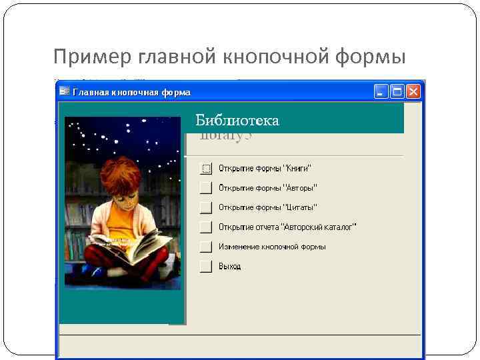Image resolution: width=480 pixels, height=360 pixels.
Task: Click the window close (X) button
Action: pyautogui.click(x=414, y=92)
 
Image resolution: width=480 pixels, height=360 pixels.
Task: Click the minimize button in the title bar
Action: pyautogui.click(x=381, y=92)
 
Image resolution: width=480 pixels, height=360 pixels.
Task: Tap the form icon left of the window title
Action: pyautogui.click(x=65, y=92)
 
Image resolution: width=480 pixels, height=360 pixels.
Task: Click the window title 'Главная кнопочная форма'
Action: pyautogui.click(x=131, y=93)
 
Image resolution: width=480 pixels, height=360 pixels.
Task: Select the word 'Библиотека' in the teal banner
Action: pyautogui.click(x=237, y=121)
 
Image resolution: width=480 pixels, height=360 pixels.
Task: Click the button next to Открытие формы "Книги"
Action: pyautogui.click(x=206, y=168)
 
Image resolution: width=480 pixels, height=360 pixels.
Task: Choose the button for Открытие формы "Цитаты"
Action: pyautogui.click(x=206, y=207)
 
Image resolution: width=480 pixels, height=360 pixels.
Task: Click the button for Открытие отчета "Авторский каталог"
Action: pyautogui.click(x=206, y=227)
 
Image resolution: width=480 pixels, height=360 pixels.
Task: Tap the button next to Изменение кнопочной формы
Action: pyautogui.click(x=206, y=247)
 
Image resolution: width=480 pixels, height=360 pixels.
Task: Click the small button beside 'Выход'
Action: pyautogui.click(x=206, y=267)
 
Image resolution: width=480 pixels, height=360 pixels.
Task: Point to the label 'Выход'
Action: pyautogui.click(x=230, y=267)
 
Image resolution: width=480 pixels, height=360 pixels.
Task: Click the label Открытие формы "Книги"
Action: pyautogui.click(x=265, y=168)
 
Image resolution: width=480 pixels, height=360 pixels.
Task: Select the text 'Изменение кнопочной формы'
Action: pyautogui.click(x=272, y=247)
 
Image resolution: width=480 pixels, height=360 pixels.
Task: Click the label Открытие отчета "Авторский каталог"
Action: pyautogui.click(x=287, y=227)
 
